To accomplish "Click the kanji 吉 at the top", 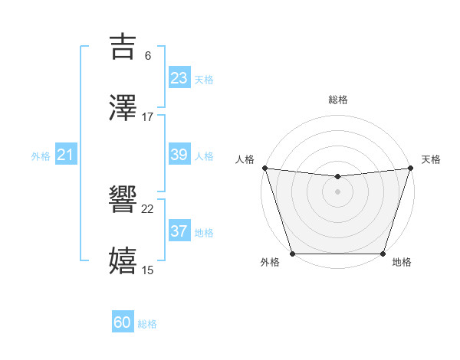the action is [123, 47].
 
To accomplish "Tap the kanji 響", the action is [123, 201].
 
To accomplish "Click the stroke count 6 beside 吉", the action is [148, 56].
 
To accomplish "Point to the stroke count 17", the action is [148, 117].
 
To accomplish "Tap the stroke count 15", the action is [148, 270].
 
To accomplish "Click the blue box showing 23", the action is [179, 77].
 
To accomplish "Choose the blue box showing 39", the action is [179, 154].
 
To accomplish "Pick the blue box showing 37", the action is [179, 231].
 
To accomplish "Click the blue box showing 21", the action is [66, 155].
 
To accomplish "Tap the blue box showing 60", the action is [123, 322].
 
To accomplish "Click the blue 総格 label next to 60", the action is [148, 324].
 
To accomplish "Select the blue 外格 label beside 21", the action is [41, 156].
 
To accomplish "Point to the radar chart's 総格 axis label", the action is [338, 100].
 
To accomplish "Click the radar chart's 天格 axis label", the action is [431, 159].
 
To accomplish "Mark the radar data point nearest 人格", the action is [265, 168].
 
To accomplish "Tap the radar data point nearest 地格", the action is [383, 254].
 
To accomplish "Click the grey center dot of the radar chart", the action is [338, 191].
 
